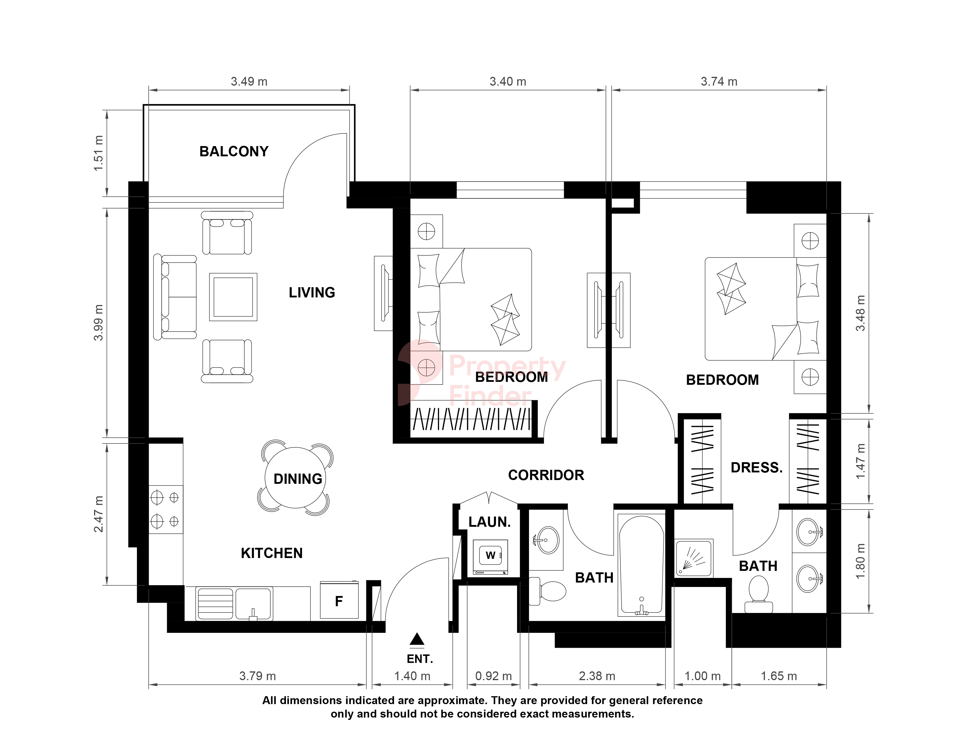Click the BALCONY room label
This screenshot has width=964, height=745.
tap(234, 151)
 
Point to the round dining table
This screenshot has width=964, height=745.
tap(295, 478)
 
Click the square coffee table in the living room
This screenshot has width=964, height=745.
tap(233, 297)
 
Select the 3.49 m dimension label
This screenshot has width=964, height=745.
tap(249, 82)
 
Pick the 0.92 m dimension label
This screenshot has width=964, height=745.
tap(493, 676)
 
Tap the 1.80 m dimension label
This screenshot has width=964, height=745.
tap(860, 562)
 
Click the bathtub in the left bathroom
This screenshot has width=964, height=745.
tap(641, 565)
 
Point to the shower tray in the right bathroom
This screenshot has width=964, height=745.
tap(694, 557)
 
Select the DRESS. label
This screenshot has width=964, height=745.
tap(757, 467)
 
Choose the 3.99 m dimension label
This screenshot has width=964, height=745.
tap(98, 322)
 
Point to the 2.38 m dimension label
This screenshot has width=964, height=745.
tap(597, 676)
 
